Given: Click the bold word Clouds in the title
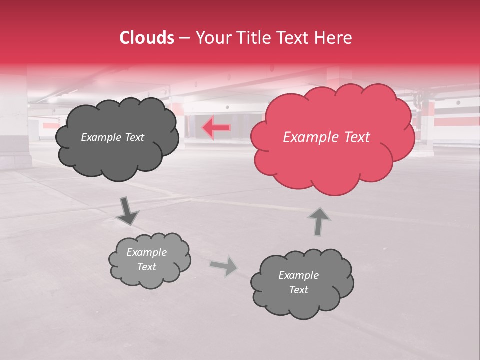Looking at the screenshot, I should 147,38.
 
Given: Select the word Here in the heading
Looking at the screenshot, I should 334,38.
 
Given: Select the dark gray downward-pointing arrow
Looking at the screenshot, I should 127,211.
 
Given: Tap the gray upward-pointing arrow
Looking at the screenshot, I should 318,221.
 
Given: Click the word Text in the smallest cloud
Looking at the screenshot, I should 146,267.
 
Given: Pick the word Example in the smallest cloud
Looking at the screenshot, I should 146,252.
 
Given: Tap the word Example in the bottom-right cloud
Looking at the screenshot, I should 298,275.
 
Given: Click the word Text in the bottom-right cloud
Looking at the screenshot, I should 298,290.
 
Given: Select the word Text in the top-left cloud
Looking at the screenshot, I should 133,137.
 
